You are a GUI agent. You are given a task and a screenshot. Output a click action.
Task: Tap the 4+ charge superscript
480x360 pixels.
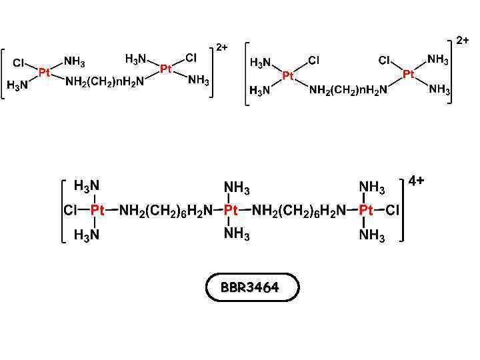point(417,181)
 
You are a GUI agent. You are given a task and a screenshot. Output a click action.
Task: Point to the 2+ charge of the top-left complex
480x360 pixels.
point(222,47)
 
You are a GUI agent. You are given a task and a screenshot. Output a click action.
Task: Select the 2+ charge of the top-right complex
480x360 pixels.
point(463,40)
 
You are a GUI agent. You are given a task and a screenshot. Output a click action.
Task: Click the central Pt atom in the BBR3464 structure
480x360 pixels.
point(231,211)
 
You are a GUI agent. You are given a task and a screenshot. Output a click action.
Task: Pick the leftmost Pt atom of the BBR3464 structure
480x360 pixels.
point(97,211)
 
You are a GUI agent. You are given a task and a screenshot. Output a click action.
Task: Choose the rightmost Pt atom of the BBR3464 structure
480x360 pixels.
point(366,211)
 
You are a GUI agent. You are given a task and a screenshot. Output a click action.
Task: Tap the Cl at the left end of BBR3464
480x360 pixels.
point(70,211)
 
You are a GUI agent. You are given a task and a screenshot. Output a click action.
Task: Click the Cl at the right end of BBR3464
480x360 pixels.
point(393,211)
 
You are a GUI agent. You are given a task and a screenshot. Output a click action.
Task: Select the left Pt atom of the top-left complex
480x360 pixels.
point(44,72)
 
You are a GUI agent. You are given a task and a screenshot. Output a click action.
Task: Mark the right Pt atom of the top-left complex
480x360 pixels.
point(166,69)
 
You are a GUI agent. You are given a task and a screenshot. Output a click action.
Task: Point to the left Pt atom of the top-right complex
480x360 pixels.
point(288,76)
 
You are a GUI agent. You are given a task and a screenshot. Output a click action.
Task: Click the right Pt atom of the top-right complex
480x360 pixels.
point(409,75)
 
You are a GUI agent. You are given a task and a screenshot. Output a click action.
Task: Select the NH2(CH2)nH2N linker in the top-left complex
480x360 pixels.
point(105,82)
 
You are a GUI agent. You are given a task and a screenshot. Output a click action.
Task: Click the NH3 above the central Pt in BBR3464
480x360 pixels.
point(237,188)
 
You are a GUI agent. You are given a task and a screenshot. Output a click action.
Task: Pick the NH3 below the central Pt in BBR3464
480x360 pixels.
point(237,233)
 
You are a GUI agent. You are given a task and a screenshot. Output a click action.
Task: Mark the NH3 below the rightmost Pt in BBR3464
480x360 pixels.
point(372,235)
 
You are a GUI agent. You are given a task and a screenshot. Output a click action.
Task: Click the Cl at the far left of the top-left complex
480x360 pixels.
point(19,63)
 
